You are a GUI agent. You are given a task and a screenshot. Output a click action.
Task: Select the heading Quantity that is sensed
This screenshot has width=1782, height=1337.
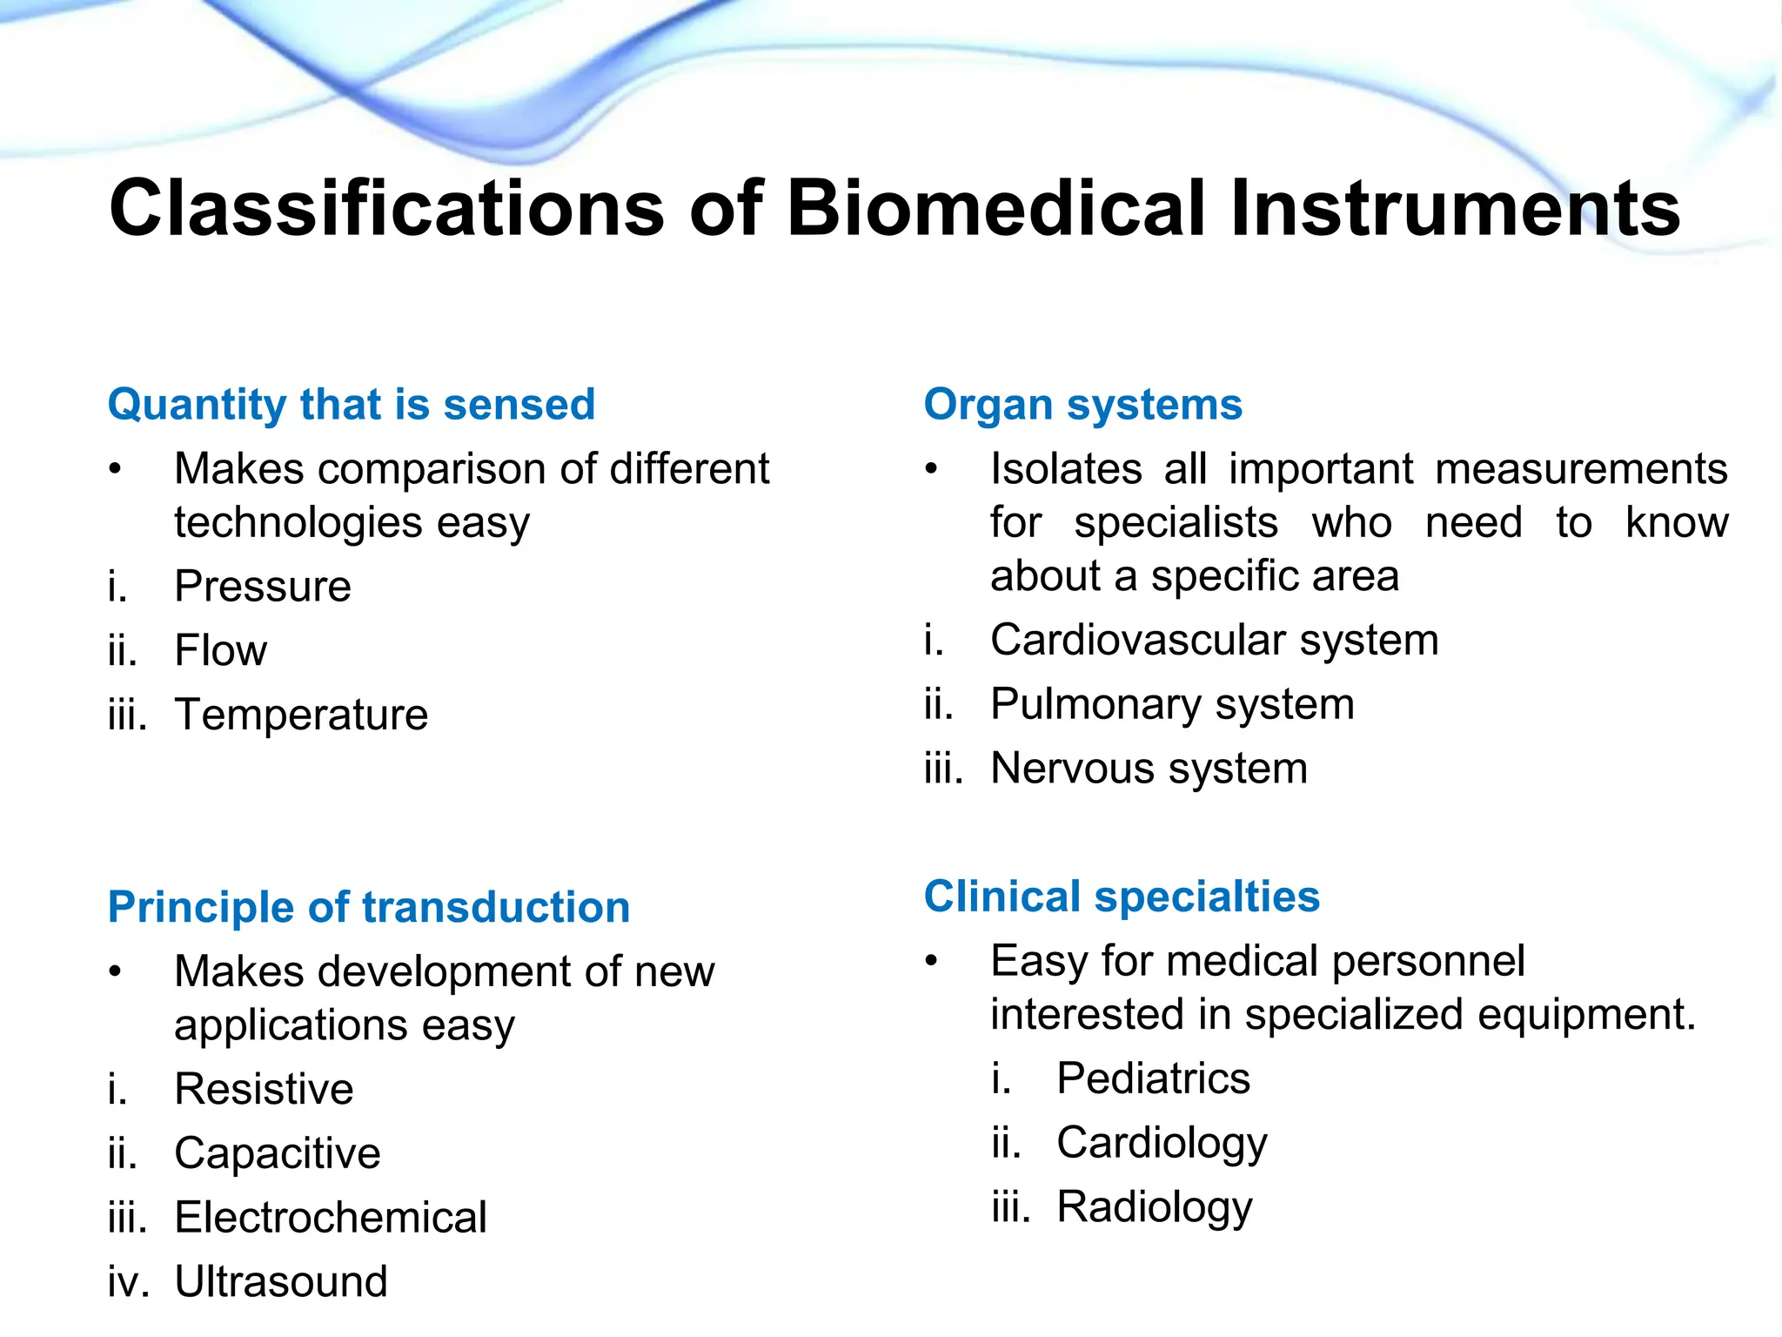[x=352, y=405]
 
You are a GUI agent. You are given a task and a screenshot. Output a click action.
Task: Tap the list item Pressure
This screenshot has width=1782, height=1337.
[x=262, y=586]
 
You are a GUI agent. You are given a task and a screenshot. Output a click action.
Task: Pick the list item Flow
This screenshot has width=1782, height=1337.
[x=220, y=650]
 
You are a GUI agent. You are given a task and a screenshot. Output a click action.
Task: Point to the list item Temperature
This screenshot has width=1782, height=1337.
[x=301, y=715]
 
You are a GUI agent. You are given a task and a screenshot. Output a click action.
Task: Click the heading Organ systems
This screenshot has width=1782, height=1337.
[x=1082, y=405]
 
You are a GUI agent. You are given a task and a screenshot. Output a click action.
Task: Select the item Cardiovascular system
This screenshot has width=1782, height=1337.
[x=1214, y=640]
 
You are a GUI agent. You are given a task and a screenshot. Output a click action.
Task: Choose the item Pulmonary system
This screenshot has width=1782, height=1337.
[x=1172, y=704]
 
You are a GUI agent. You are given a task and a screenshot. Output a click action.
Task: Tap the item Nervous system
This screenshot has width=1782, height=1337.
[x=1149, y=769]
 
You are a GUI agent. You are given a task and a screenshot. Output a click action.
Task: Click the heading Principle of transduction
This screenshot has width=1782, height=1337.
[x=369, y=907]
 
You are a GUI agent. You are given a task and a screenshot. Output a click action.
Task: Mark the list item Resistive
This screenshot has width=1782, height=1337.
[x=264, y=1089]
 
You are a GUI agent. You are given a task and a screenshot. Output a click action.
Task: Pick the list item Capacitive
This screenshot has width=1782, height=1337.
[x=277, y=1153]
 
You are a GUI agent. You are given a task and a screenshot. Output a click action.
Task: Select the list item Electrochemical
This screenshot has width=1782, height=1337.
[x=330, y=1218]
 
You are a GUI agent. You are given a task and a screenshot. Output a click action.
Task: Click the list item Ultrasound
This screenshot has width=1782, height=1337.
[x=280, y=1281]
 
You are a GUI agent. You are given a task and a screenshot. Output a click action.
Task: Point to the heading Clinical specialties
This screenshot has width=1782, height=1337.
[x=1122, y=897]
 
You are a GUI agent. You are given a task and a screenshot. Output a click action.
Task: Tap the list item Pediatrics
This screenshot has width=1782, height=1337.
[x=1153, y=1078]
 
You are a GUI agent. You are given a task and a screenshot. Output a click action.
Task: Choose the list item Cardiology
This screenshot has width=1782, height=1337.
[x=1162, y=1143]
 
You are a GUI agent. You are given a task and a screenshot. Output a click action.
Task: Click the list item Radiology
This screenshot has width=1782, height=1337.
[x=1154, y=1207]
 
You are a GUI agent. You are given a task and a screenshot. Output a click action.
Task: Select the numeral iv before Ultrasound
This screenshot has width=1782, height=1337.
[x=127, y=1282]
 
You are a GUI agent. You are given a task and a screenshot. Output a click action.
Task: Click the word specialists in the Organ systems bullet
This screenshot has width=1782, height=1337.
[x=1176, y=523]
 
